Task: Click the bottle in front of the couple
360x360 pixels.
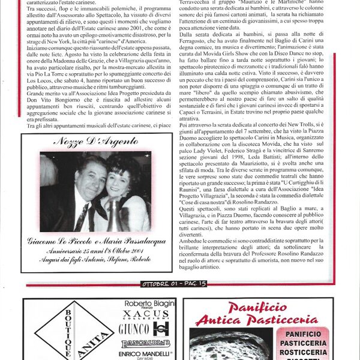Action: point(112,219)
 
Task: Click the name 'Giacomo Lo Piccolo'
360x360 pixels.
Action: point(59,242)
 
